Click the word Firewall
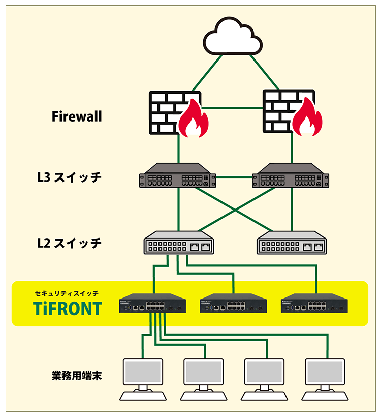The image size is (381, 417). pos(77,116)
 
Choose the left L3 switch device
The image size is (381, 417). pos(177,176)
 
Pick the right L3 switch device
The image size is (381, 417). pos(291,176)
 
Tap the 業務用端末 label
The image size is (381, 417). pos(77,376)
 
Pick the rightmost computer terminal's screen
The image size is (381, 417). pos(325,372)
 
